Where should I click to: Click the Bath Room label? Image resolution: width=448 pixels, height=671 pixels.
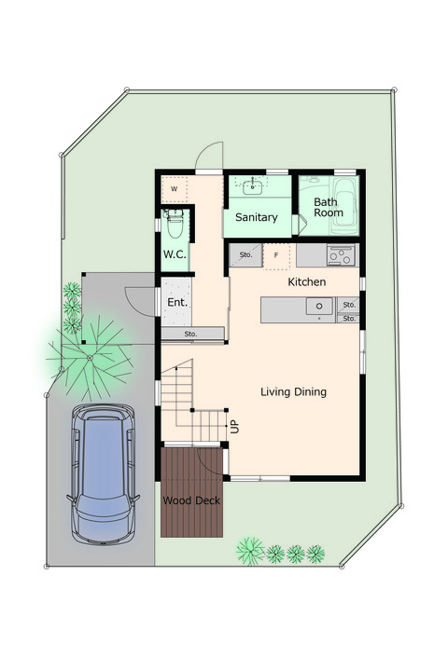point(329,207)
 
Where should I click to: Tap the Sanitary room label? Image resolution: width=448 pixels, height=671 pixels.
point(257,217)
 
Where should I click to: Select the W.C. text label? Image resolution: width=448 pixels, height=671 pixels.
point(175,254)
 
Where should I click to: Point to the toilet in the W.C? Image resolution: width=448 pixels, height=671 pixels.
point(175,223)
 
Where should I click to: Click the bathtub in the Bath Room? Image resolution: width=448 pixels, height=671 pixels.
point(344,206)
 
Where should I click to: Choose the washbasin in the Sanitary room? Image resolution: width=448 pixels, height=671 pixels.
point(253,186)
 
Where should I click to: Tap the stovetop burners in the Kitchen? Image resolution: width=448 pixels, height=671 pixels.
point(342,255)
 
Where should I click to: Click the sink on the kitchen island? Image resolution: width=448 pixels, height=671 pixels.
point(319,307)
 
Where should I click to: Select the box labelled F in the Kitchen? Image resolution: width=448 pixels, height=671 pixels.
point(276,256)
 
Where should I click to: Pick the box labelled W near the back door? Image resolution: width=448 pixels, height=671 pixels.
point(175,189)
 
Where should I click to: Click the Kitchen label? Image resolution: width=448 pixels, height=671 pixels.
point(306,282)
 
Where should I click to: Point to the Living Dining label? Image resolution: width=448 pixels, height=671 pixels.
point(294,392)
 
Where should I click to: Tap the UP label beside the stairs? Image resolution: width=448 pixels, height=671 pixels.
point(235,426)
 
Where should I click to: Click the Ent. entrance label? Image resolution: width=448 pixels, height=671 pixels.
point(177,302)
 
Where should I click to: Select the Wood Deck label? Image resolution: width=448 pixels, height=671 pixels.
point(191,500)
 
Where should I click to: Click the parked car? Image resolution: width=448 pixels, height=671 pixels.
point(103,474)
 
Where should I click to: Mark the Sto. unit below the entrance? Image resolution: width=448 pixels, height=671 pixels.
point(192,334)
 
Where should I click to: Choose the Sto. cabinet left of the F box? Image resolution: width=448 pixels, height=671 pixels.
point(245,255)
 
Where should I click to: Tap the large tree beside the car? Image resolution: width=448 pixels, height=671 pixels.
point(90,357)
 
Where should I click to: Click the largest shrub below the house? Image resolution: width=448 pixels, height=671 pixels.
point(250,551)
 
